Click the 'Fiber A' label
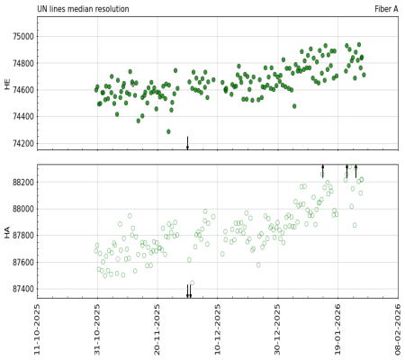coord(386,8)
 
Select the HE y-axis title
coord(8,83)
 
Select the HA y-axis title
coord(8,231)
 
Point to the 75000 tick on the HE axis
coord(22,37)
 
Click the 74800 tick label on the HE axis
coord(22,64)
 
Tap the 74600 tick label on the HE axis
coord(22,90)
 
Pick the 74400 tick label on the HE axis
coord(22,117)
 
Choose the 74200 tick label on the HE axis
coord(22,144)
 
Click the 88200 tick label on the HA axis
coord(22,183)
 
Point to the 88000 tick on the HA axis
coord(22,209)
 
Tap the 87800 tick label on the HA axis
coord(22,236)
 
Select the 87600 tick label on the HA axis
coord(22,263)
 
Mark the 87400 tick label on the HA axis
coord(22,290)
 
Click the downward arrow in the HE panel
coord(187,143)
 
